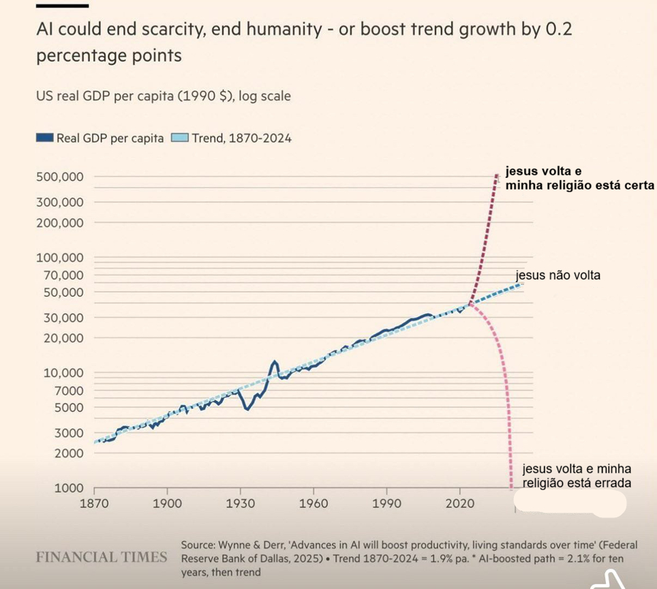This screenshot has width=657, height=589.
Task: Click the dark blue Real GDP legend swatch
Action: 44,138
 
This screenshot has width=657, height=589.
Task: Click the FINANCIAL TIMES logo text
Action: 102,557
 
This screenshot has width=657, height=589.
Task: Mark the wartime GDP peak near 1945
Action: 275,361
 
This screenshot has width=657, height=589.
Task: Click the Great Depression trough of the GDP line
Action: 247,409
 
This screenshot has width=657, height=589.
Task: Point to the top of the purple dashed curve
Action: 496,176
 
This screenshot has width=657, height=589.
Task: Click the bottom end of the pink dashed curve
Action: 511,487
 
